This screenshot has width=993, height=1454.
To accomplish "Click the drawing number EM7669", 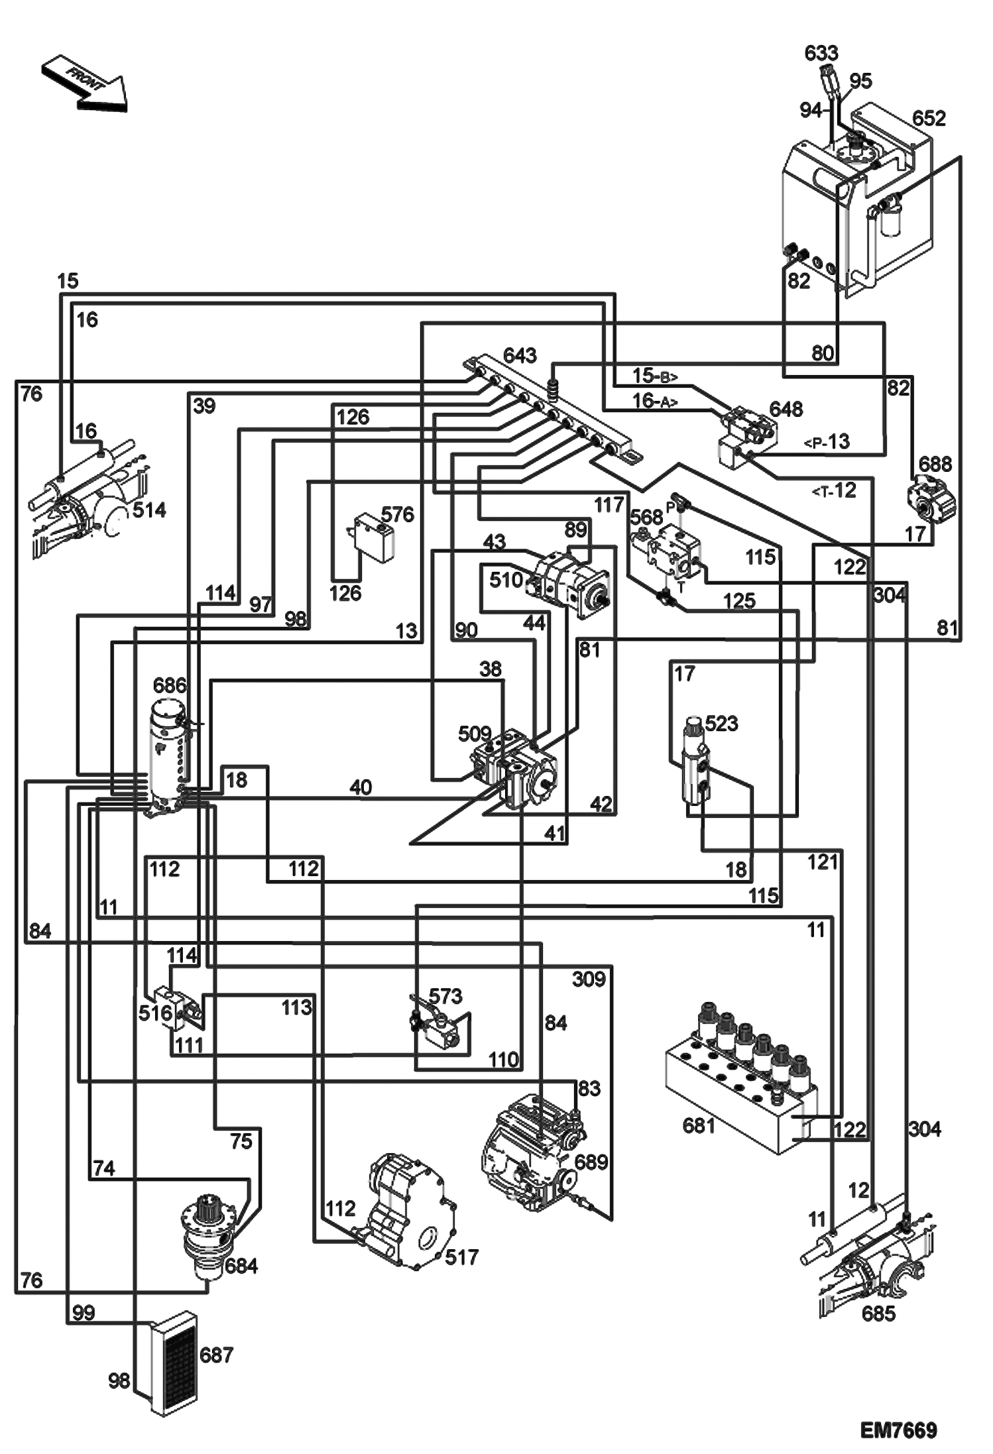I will click(898, 1430).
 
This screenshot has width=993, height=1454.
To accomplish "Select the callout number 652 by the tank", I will click(928, 119).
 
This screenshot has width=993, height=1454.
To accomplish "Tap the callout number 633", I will click(821, 53).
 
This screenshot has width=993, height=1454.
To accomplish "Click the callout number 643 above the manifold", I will click(519, 356).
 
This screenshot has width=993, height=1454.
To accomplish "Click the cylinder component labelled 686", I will click(166, 755).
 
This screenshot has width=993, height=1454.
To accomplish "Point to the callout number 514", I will click(149, 510).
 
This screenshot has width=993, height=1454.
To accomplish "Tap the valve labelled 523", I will click(695, 769).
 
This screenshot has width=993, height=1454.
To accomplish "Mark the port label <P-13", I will click(827, 441).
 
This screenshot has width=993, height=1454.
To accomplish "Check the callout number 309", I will click(588, 979).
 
